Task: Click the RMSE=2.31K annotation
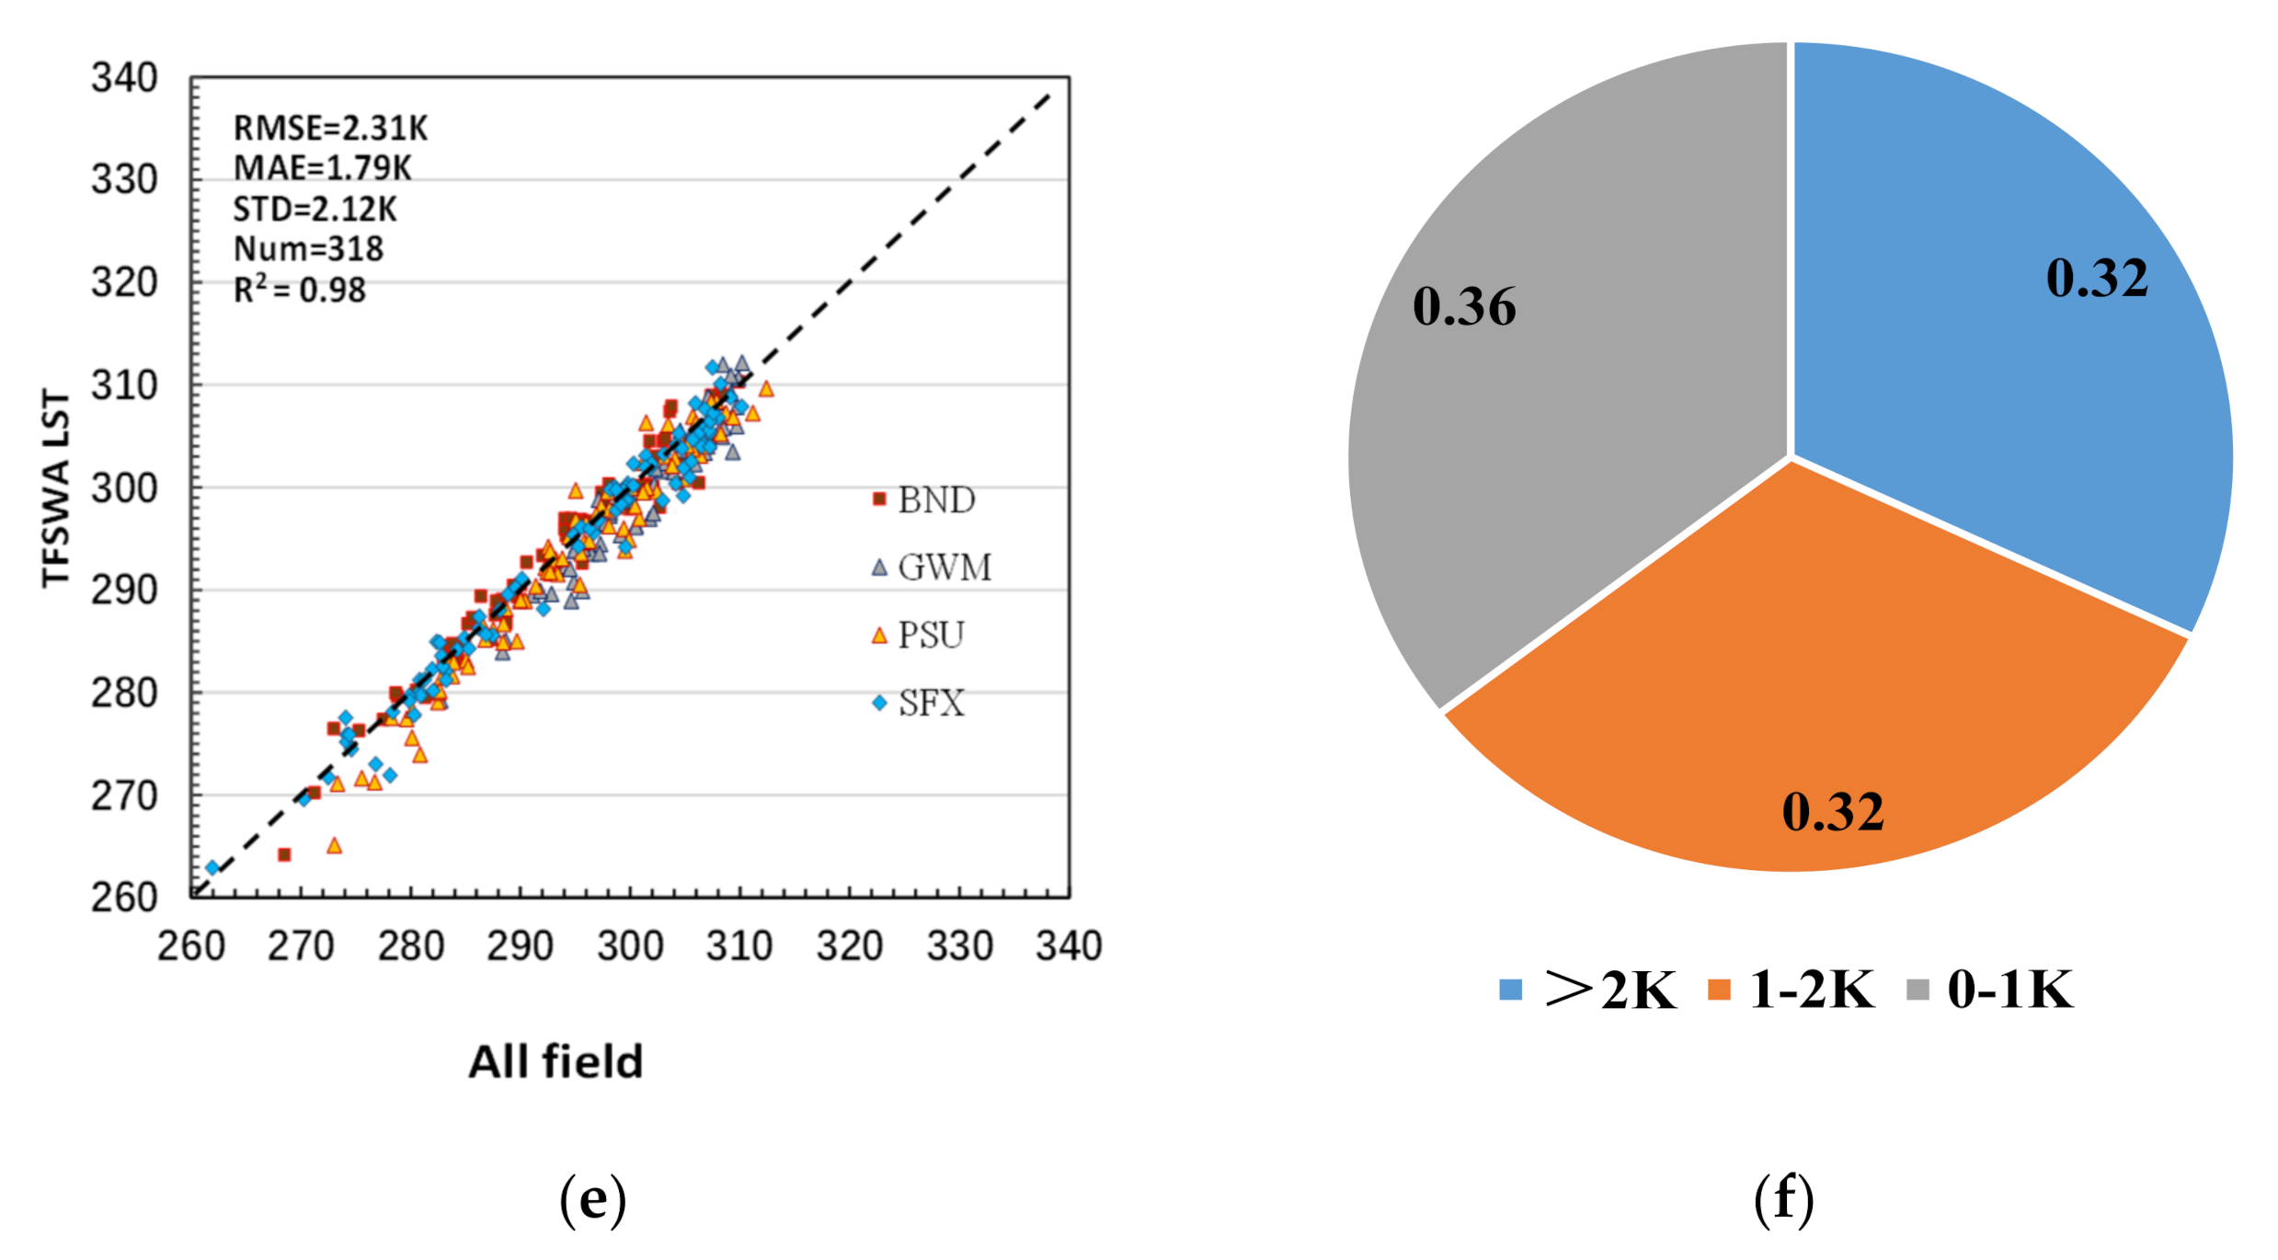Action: [x=330, y=128]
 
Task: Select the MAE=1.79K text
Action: [x=322, y=168]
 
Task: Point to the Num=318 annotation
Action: [x=308, y=249]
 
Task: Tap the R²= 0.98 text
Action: [x=299, y=291]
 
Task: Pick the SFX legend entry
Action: [x=920, y=704]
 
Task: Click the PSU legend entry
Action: [x=920, y=636]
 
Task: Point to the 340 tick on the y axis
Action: [x=124, y=78]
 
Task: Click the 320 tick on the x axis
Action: [x=849, y=946]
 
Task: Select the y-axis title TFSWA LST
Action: [x=55, y=487]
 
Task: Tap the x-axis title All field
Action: [x=555, y=1062]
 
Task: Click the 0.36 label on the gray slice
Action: [x=1464, y=306]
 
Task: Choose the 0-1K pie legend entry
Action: [x=1991, y=991]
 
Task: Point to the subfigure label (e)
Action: [x=592, y=1199]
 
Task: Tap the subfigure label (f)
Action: [x=1783, y=1199]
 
